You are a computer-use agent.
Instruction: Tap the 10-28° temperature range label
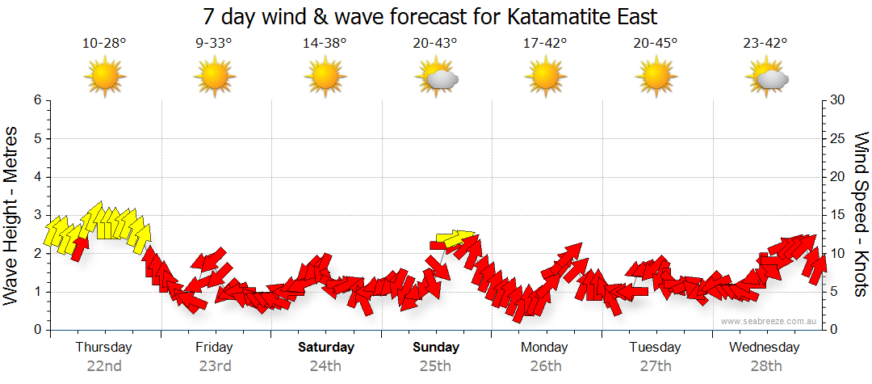pos(104,43)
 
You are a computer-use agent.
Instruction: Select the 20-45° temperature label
pos(655,43)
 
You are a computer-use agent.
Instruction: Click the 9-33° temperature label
pos(214,43)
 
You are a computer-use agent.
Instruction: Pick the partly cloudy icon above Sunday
pos(437,78)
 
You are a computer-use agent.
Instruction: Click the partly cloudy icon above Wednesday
pos(766,78)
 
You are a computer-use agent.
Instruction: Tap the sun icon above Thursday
pos(105,78)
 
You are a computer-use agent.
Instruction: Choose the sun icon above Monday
pos(545,78)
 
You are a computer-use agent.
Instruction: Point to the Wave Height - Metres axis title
pos(13,215)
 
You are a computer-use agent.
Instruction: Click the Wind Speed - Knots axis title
pos(859,215)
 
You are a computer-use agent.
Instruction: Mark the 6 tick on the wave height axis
pos(36,100)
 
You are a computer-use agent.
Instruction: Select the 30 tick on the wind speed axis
pos(837,100)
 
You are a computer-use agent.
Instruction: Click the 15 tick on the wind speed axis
pos(837,215)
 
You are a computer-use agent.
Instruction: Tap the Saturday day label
pos(326,348)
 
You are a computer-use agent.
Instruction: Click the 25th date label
pos(435,365)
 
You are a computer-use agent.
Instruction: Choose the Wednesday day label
pos(764,348)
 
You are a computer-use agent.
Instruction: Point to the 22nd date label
pos(104,365)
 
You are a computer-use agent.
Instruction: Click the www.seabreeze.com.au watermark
pos(769,321)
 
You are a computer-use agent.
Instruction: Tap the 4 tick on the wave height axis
pos(36,177)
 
